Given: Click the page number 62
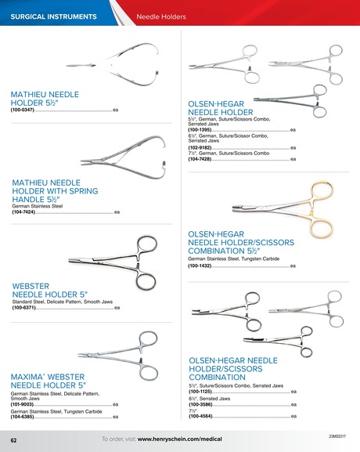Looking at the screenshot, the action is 13,441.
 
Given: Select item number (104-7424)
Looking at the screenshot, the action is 24,212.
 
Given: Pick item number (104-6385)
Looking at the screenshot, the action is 24,417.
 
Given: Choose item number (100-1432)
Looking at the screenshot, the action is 200,266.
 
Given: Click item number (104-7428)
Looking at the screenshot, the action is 200,159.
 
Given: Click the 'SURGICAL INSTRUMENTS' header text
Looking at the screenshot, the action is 54,16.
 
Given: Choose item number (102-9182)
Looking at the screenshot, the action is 200,147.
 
